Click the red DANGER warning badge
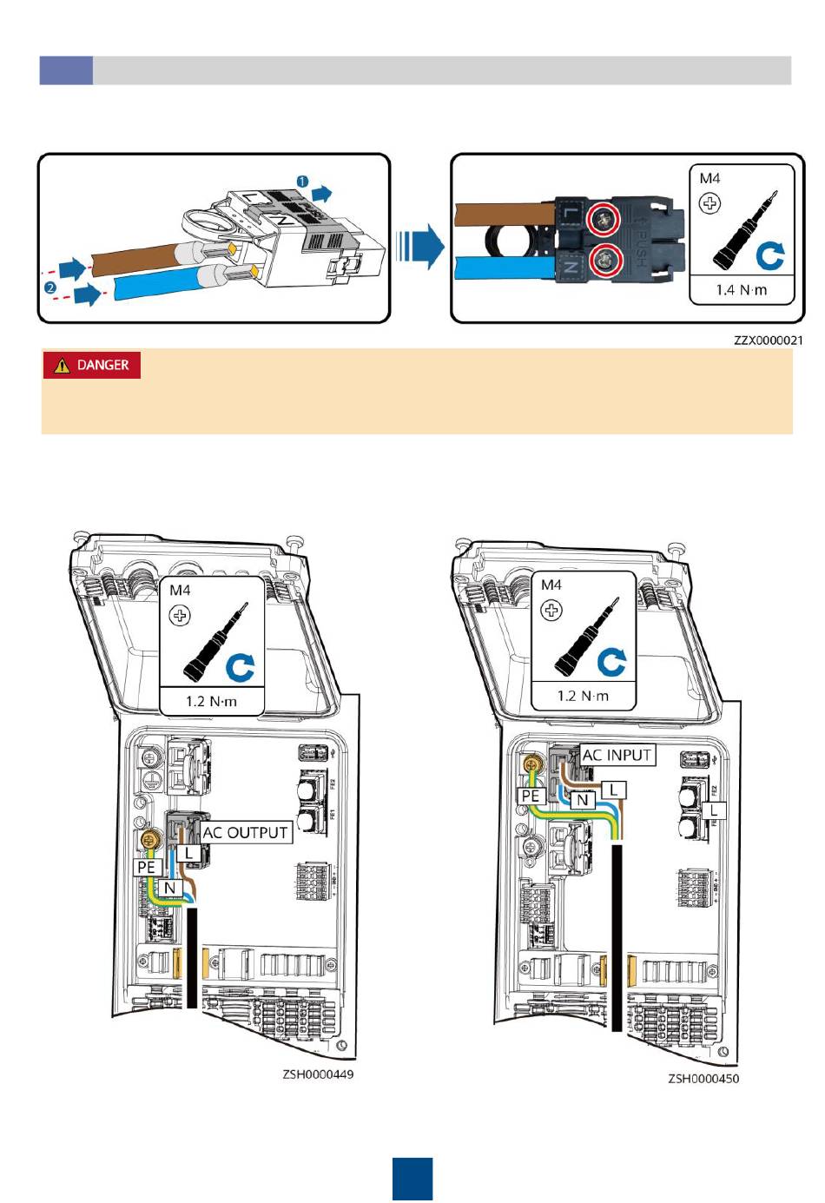(x=91, y=366)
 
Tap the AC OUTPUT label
(x=245, y=833)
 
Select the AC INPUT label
(x=617, y=756)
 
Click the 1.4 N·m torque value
(x=742, y=289)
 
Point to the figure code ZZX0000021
(x=768, y=340)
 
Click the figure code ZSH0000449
(x=318, y=1074)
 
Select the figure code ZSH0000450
(x=703, y=1079)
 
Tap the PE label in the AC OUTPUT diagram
(x=146, y=867)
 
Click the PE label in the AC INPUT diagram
(x=530, y=796)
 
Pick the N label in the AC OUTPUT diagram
(x=170, y=888)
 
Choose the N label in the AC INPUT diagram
(x=584, y=800)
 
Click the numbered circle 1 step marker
(x=303, y=181)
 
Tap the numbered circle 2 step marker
(x=51, y=287)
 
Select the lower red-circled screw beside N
(x=600, y=259)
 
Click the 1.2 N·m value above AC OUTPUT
(x=211, y=700)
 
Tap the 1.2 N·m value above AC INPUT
(x=583, y=696)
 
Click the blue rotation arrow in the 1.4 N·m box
(x=769, y=255)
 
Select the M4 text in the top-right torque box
(x=709, y=178)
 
